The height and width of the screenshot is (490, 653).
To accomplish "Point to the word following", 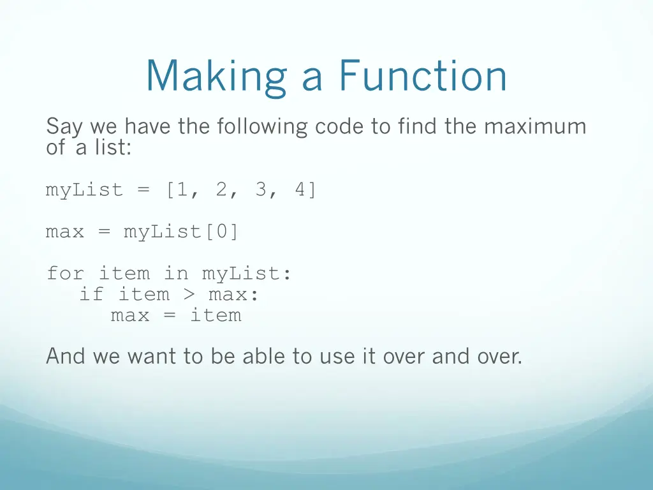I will coord(262,127).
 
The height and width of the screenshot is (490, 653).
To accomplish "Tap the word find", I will coord(417,126).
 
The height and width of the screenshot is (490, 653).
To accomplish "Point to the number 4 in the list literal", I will coord(300,190).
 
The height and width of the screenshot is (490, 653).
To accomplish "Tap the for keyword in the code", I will coord(65,274).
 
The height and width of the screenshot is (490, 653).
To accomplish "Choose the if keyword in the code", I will coord(91,294).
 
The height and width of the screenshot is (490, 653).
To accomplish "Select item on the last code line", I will coord(216,315).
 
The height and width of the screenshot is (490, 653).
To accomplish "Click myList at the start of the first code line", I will coord(84,190).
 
